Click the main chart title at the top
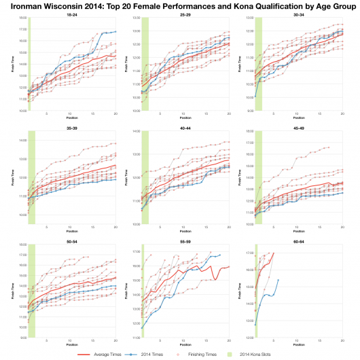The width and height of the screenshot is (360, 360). tap(180, 5)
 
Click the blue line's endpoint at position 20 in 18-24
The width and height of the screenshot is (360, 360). tap(115, 32)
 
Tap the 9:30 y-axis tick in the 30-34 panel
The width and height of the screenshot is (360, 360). tap(249, 110)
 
